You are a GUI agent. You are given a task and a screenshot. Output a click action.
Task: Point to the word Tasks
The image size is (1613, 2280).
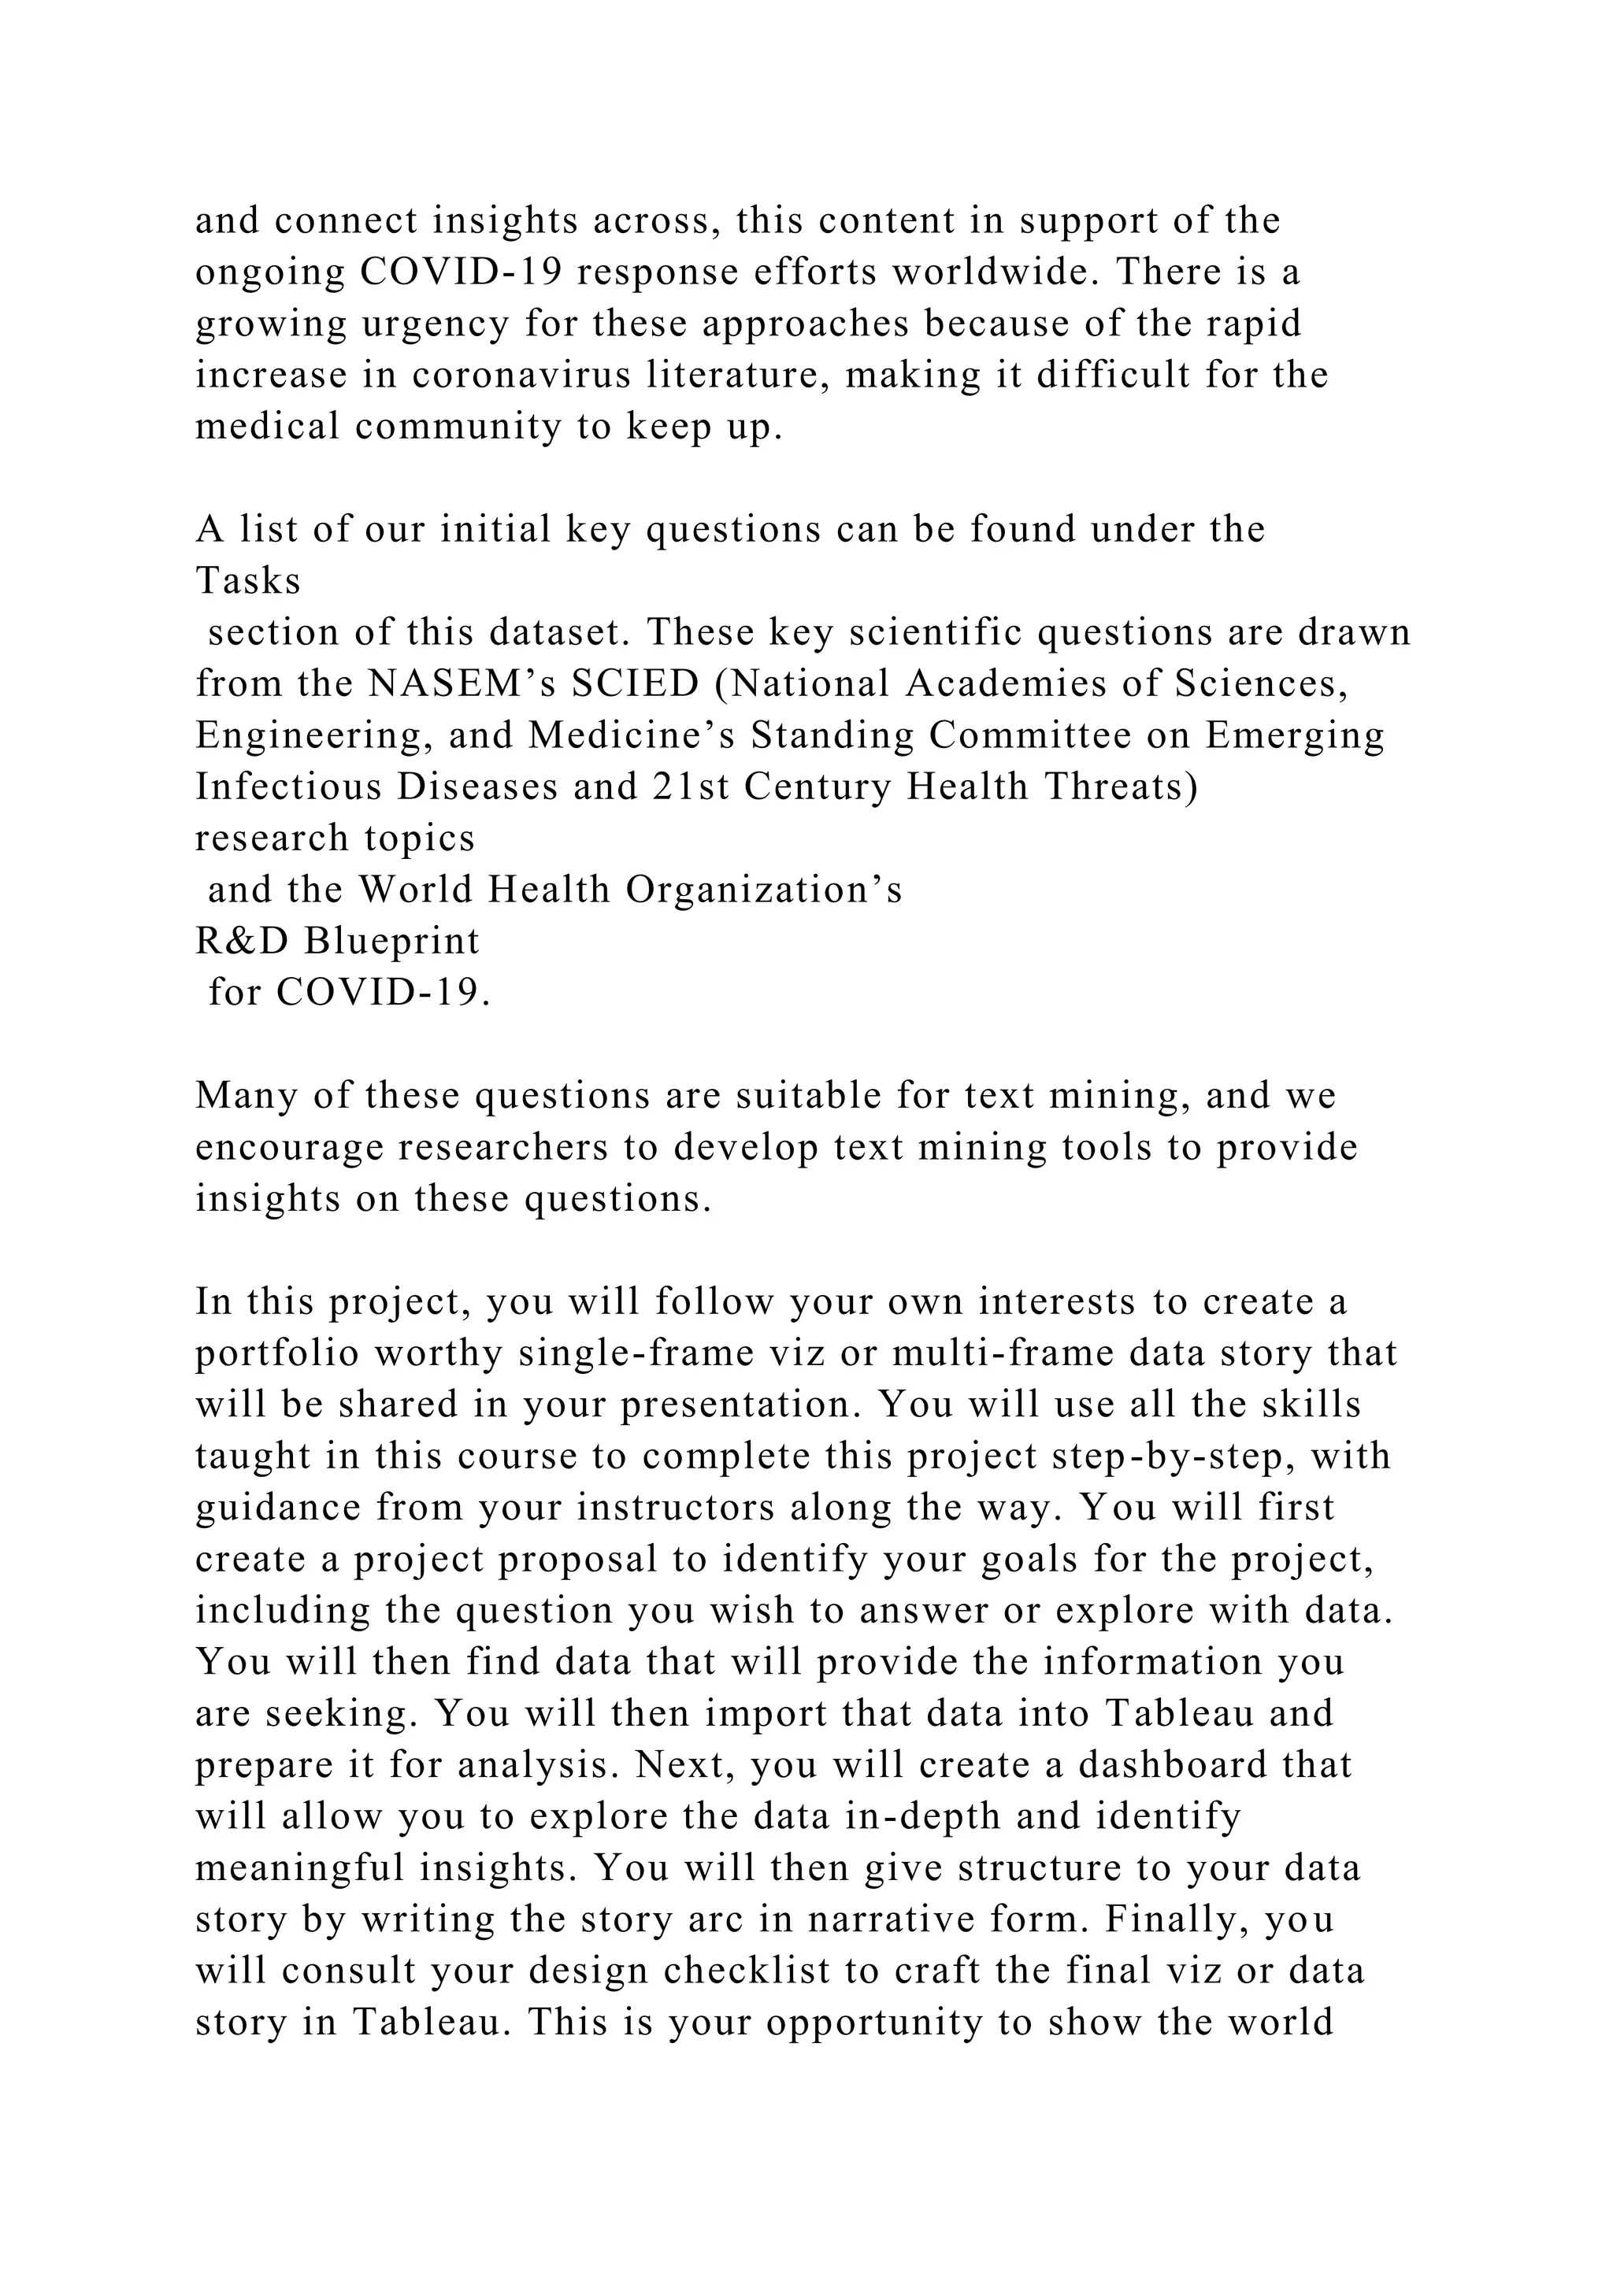[248, 580]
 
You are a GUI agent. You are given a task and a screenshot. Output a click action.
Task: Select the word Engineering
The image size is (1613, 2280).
[315, 735]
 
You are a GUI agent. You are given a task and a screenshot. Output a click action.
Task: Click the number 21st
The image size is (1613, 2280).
[692, 787]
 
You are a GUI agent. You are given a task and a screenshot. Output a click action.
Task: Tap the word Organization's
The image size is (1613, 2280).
[764, 890]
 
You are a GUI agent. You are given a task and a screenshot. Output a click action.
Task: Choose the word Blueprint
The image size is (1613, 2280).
[391, 940]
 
